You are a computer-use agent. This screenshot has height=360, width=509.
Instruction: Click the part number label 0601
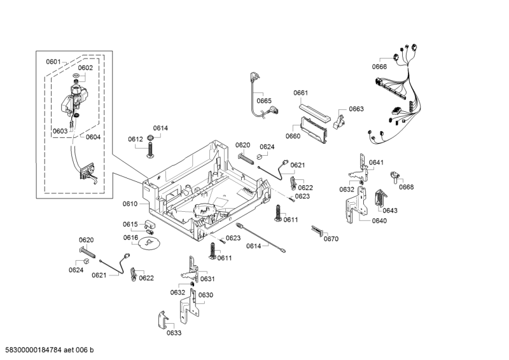53,62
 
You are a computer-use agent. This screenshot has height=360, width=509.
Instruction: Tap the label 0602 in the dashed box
85,68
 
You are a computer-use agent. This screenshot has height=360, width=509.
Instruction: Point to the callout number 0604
93,137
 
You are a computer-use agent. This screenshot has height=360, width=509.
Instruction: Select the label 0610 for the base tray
130,204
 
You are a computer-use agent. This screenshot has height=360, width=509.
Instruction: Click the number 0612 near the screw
135,139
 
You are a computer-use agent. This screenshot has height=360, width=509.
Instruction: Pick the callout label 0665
264,100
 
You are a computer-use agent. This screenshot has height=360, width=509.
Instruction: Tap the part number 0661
300,93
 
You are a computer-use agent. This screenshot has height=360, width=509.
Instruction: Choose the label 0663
356,109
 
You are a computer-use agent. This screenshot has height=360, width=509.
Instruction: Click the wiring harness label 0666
379,66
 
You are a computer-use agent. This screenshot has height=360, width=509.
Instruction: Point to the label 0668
406,187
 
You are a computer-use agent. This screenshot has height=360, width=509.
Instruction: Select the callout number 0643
390,211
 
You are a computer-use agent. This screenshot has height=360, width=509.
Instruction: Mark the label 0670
331,239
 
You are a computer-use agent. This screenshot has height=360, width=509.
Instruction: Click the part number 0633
174,333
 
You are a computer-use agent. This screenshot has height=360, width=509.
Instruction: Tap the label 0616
130,238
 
